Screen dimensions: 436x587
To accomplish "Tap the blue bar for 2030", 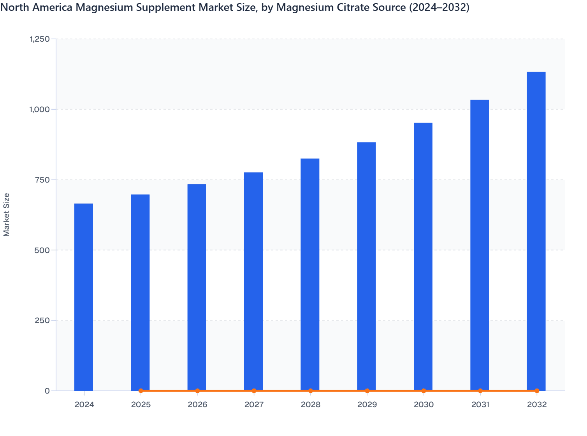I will pos(423,257).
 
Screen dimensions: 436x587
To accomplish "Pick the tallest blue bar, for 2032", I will pos(536,231).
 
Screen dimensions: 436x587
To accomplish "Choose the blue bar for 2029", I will pos(367,266).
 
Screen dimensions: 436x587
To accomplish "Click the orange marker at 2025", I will pos(141,391).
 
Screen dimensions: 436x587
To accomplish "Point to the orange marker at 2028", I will pos(311,391).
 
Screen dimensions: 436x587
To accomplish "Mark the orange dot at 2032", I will pos(537,391).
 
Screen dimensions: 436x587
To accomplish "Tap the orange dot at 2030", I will pos(424,391).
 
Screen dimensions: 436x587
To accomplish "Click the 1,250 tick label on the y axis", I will pos(40,39).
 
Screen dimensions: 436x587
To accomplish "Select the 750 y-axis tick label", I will pos(42,180).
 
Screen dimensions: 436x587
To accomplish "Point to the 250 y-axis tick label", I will pos(42,320).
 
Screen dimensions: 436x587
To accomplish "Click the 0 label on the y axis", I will pos(47,391).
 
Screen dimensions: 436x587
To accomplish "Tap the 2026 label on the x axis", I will pos(197,405).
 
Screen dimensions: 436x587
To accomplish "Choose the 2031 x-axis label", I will pos(480,405).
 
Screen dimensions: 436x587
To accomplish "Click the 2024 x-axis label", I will pos(84,405).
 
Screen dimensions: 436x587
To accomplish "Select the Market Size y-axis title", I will pos(7,214).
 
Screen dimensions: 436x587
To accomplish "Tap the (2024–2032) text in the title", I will pos(439,7).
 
